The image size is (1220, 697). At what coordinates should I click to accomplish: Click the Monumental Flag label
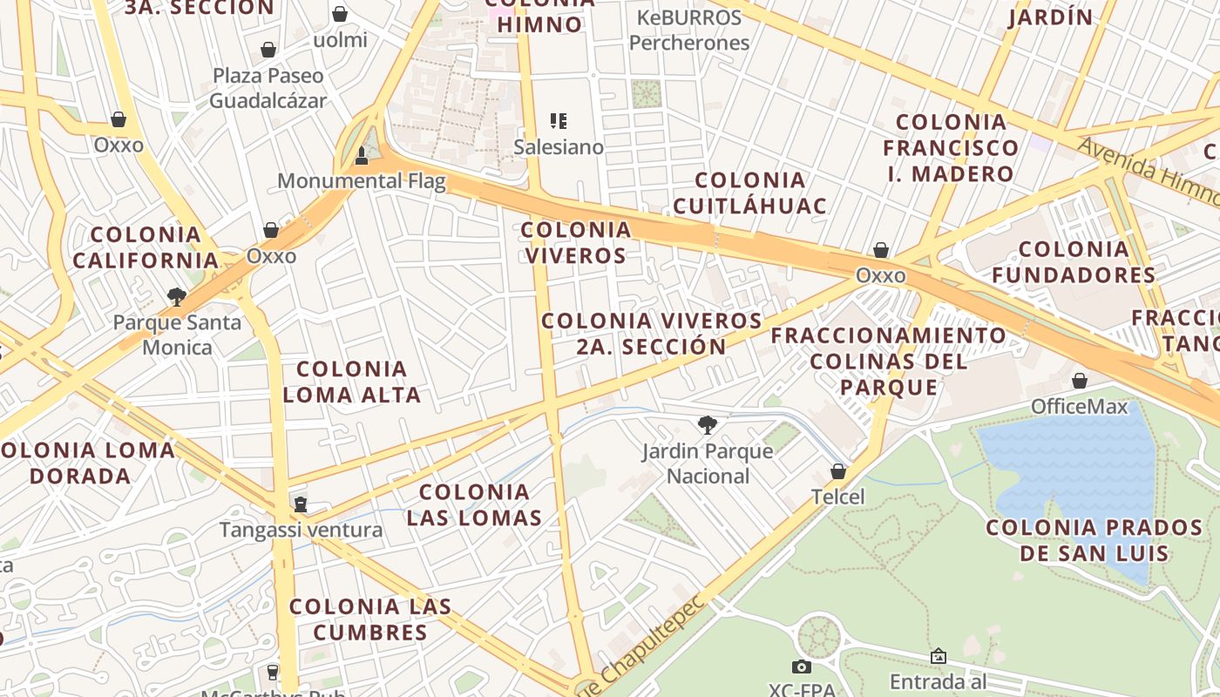click(x=362, y=181)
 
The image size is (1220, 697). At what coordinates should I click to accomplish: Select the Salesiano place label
click(x=559, y=146)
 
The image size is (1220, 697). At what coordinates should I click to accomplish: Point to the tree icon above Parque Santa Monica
click(x=177, y=297)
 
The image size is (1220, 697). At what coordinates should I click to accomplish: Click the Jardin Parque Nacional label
click(x=708, y=464)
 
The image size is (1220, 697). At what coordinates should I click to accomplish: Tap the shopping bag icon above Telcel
click(x=838, y=471)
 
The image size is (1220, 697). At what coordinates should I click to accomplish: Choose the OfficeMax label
click(x=1079, y=407)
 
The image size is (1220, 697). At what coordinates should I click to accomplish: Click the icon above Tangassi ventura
click(x=301, y=504)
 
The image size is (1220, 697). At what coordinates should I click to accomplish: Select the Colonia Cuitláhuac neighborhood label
click(x=750, y=193)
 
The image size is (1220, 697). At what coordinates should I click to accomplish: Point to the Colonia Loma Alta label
click(x=352, y=382)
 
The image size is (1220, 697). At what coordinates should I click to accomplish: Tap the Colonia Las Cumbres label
click(x=370, y=619)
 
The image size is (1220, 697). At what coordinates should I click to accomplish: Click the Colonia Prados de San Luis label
click(x=1095, y=540)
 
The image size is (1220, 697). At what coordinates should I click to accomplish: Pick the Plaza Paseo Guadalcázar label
click(x=268, y=88)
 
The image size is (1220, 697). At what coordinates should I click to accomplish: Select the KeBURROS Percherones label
click(x=689, y=30)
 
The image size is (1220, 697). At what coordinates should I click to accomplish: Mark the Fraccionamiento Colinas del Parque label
click(x=889, y=361)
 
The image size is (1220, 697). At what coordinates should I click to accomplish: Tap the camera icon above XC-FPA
click(x=802, y=667)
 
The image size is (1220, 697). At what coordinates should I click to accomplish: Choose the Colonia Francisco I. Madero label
click(x=951, y=147)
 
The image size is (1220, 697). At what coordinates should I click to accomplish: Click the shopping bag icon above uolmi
click(x=340, y=14)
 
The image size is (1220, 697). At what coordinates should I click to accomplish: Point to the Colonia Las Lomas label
click(x=475, y=505)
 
